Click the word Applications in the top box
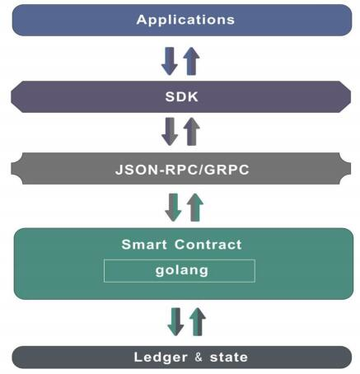pyautogui.click(x=185, y=20)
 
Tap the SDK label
pyautogui.click(x=181, y=96)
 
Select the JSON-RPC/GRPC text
pyautogui.click(x=182, y=170)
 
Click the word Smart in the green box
pyautogui.click(x=144, y=245)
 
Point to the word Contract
pyautogui.click(x=208, y=245)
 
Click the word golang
pyautogui.click(x=181, y=271)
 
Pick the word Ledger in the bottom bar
pyautogui.click(x=161, y=358)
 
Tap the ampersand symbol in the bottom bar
pyautogui.click(x=199, y=358)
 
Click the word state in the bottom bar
pyautogui.click(x=229, y=358)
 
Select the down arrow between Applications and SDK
pyautogui.click(x=170, y=61)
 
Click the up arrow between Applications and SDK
pyautogui.click(x=191, y=61)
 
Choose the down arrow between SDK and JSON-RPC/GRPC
pyautogui.click(x=170, y=132)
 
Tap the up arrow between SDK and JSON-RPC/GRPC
pyautogui.click(x=192, y=132)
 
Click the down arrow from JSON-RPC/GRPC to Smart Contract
pyautogui.click(x=173, y=208)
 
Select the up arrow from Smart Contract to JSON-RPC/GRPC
pyautogui.click(x=195, y=208)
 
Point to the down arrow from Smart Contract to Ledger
pyautogui.click(x=175, y=322)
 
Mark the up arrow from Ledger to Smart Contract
pyautogui.click(x=198, y=322)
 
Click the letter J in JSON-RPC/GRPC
pyautogui.click(x=119, y=170)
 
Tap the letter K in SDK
pyautogui.click(x=193, y=96)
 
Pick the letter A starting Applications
pyautogui.click(x=142, y=20)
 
